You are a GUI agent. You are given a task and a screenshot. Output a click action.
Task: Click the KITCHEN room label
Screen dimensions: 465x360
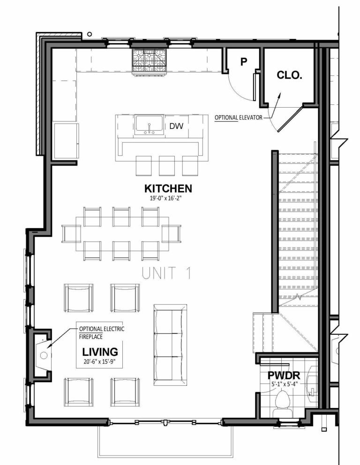click(168, 188)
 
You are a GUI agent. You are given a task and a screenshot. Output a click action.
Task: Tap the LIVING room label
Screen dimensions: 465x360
click(100, 351)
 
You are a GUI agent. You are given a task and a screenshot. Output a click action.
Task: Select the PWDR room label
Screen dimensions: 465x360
click(284, 375)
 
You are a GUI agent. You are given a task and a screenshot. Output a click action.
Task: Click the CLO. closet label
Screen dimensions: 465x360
click(289, 75)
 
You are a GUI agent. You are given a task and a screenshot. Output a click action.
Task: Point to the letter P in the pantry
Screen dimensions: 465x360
click(243, 62)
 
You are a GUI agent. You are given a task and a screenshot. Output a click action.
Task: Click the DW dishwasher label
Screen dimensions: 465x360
click(176, 125)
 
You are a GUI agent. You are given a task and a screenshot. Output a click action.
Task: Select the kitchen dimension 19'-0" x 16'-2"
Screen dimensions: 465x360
click(168, 198)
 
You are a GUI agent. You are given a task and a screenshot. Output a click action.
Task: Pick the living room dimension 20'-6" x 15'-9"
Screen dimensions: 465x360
click(100, 361)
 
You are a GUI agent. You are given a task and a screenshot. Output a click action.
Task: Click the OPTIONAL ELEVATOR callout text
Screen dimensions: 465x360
click(239, 118)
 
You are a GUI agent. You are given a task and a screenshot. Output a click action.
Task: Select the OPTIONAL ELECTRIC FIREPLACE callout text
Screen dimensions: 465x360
click(101, 332)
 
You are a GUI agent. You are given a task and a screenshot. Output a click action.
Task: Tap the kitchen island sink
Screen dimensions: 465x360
click(149, 125)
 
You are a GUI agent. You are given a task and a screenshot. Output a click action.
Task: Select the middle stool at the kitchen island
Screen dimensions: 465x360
click(166, 165)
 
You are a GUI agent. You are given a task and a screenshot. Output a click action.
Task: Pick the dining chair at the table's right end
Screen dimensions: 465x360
click(172, 234)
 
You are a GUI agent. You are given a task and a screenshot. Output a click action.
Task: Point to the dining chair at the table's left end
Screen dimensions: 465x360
click(71, 234)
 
